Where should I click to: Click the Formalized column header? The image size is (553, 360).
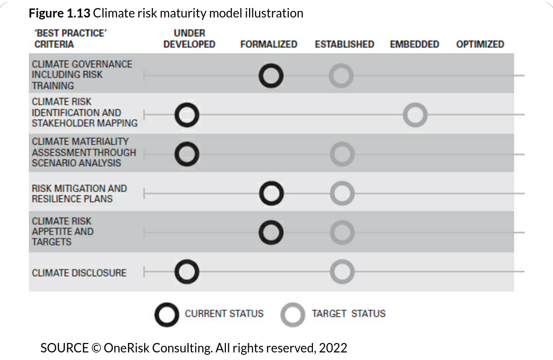(x=269, y=44)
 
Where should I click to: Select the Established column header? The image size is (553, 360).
(x=344, y=44)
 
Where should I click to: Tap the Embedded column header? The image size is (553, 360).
(x=415, y=44)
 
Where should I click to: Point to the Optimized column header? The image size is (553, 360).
(x=480, y=44)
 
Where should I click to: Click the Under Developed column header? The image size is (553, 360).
(x=190, y=39)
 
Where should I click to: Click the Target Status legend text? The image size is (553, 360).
(x=348, y=314)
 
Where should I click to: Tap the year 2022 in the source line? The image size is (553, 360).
(x=333, y=348)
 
